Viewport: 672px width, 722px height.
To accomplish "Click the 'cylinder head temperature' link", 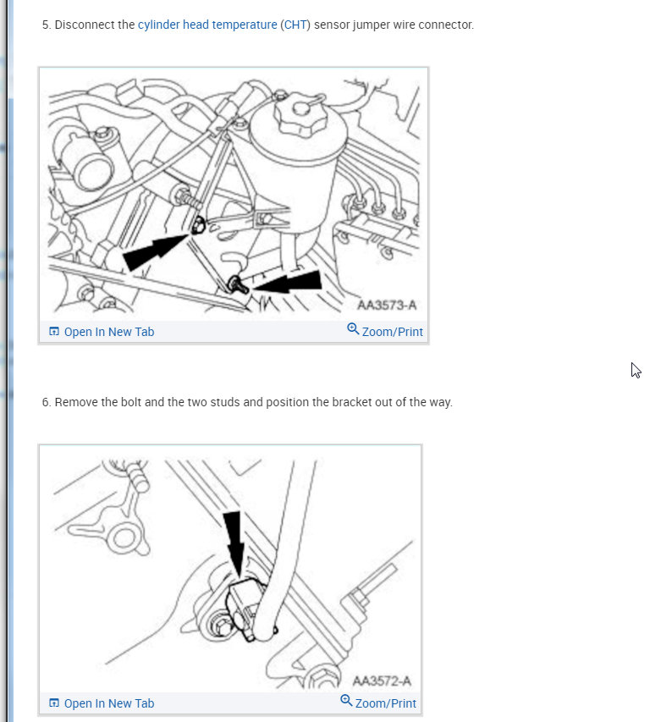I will [207, 25].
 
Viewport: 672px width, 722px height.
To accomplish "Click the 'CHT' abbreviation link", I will [295, 25].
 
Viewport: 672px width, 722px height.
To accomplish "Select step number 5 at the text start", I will [46, 25].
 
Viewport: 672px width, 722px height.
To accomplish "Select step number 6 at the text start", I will [46, 402].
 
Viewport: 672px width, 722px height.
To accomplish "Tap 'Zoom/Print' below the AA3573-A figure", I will [392, 332].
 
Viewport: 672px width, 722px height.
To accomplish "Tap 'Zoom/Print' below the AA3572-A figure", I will [385, 703].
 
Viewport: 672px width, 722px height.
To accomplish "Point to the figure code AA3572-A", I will [383, 681].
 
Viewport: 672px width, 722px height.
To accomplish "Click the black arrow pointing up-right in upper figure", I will [154, 251].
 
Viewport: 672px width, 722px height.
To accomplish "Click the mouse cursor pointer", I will [636, 370].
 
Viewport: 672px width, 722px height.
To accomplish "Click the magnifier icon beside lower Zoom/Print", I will [346, 701].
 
